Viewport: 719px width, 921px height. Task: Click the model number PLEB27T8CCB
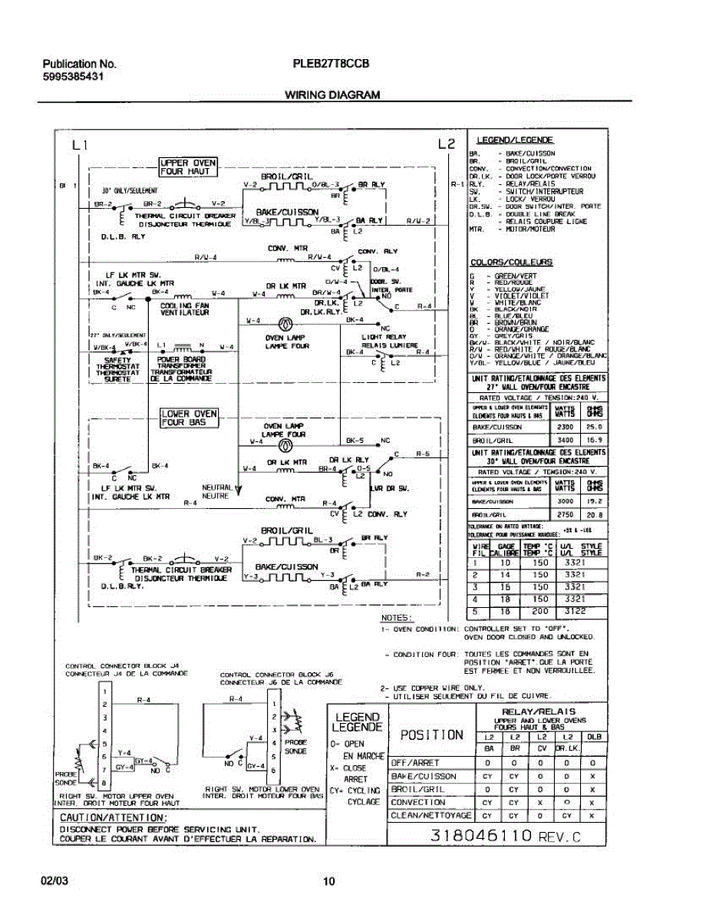click(331, 64)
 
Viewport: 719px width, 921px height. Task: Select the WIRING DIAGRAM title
click(332, 95)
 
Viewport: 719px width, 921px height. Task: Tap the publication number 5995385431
click(73, 78)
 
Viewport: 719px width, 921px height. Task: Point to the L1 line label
click(81, 144)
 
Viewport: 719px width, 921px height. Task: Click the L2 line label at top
click(446, 144)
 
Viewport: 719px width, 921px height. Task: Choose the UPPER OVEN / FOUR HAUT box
click(188, 167)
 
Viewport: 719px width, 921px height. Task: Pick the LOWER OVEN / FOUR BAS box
click(189, 418)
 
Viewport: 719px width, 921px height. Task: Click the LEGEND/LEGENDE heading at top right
click(515, 140)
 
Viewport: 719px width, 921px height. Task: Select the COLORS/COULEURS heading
click(511, 262)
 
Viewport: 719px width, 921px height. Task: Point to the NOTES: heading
click(397, 618)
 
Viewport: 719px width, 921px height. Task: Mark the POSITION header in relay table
click(431, 734)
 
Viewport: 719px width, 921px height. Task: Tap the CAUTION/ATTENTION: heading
click(112, 818)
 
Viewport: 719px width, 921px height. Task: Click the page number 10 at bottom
click(328, 882)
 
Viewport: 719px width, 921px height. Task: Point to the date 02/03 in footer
click(54, 882)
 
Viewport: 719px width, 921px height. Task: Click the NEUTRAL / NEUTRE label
click(216, 491)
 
